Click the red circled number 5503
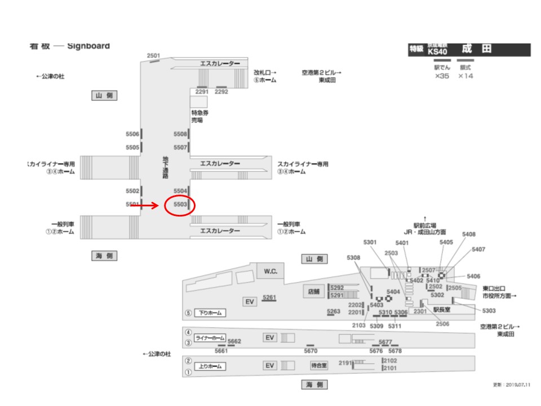click(180, 204)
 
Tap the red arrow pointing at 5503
click(145, 206)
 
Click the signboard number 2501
click(153, 56)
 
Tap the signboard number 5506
click(132, 134)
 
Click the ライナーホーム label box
click(209, 338)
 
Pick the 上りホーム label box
click(210, 366)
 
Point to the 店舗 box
click(313, 292)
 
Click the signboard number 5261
click(270, 297)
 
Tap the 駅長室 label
click(442, 309)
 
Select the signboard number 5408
click(468, 234)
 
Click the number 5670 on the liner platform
click(311, 351)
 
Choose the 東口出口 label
click(494, 288)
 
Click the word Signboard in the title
click(88, 46)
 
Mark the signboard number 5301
click(370, 242)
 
